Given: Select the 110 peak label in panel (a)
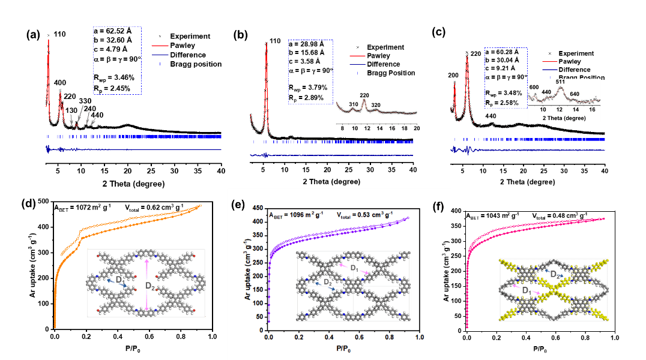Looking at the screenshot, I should [59, 34].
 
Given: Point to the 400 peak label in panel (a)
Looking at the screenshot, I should [60, 82].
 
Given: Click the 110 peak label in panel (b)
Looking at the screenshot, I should [274, 41].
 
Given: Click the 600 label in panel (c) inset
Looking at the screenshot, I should [534, 88].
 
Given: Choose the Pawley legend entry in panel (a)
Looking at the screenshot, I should [183, 46].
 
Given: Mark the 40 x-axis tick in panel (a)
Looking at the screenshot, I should [221, 171].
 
